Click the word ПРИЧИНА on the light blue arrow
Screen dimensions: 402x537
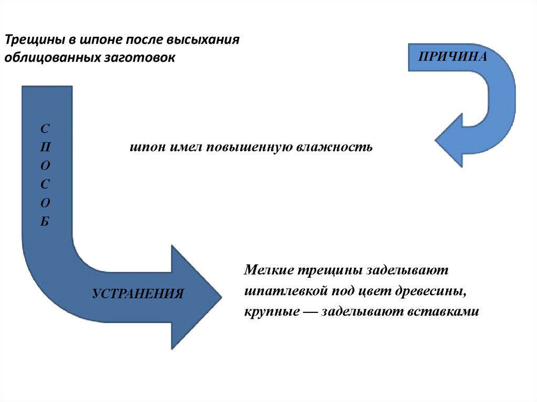click(x=453, y=57)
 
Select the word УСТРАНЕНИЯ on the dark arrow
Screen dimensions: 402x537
click(x=138, y=293)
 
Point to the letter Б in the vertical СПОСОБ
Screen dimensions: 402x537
click(x=46, y=221)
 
